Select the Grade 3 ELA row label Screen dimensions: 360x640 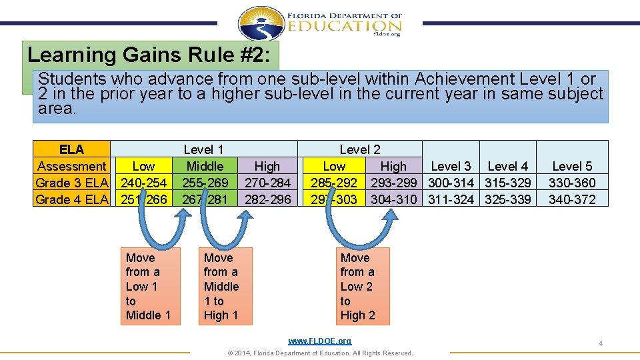pyautogui.click(x=72, y=183)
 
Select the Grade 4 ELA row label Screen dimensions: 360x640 pyautogui.click(x=72, y=199)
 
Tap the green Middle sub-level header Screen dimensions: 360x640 pyautogui.click(x=205, y=166)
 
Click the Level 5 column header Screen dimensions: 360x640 pyautogui.click(x=572, y=166)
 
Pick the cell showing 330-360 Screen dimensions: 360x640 pyautogui.click(x=572, y=183)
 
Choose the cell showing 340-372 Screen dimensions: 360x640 pyautogui.click(x=572, y=199)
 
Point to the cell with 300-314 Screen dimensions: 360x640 pyautogui.click(x=451, y=183)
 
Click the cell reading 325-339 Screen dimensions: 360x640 pyautogui.click(x=508, y=199)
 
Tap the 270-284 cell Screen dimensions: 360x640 pyautogui.click(x=267, y=183)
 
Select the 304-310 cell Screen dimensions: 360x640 pyautogui.click(x=393, y=199)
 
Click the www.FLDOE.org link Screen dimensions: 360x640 pyautogui.click(x=319, y=341)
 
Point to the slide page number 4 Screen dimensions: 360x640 pyautogui.click(x=601, y=343)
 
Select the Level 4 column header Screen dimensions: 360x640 pyautogui.click(x=508, y=166)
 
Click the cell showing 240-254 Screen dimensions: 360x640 pyautogui.click(x=143, y=183)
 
